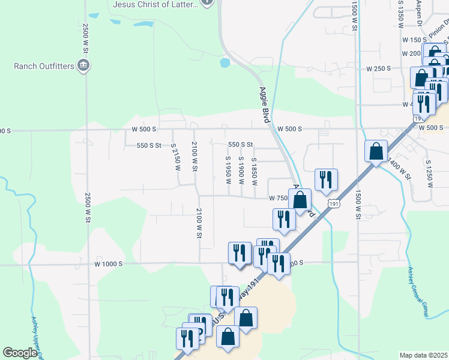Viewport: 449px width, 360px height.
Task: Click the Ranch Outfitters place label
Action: [x=43, y=65]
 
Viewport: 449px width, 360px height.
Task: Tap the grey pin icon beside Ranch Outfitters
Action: [x=85, y=65]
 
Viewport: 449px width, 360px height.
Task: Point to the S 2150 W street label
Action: [x=176, y=157]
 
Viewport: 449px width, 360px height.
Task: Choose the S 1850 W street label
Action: [x=255, y=170]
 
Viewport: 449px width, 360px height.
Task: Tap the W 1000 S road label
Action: [x=109, y=263]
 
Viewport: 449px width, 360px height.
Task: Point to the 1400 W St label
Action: [x=399, y=169]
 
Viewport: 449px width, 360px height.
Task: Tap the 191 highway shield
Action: [x=334, y=205]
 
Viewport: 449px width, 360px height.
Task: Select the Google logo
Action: [x=20, y=353]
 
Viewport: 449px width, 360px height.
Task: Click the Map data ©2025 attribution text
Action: [x=423, y=355]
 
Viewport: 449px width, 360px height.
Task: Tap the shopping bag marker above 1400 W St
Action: [x=376, y=151]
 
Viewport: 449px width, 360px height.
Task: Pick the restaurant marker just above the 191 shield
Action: [x=326, y=179]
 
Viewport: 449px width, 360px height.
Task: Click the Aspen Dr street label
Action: [x=420, y=10]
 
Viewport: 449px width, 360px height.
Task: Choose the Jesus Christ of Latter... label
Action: [x=155, y=4]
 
